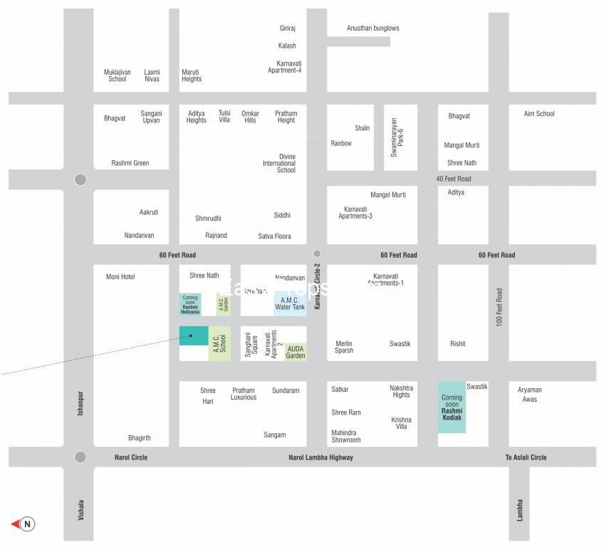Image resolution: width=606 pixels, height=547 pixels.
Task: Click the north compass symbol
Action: coord(24,524)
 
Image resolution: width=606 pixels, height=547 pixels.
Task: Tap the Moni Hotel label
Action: coord(120,276)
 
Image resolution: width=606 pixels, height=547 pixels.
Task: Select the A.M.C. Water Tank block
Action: coord(290,303)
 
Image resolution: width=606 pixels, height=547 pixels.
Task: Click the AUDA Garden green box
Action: coord(296,352)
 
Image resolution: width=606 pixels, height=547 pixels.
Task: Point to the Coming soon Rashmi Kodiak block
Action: coord(451,407)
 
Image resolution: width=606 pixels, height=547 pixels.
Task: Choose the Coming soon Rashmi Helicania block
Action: coord(190,304)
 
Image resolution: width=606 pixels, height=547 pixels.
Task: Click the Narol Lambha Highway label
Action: coord(320,457)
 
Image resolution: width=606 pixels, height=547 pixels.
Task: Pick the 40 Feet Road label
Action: coord(454,179)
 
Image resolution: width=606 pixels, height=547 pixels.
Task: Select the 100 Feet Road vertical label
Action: coord(499,308)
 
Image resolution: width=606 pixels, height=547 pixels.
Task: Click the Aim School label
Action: coord(539,114)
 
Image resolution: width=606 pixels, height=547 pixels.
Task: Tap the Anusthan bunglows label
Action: coord(373,28)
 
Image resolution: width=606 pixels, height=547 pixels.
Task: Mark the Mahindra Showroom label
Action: coord(346,436)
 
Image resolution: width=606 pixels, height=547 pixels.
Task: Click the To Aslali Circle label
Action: coord(526,457)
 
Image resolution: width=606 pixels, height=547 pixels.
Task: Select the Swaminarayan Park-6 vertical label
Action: coord(397,137)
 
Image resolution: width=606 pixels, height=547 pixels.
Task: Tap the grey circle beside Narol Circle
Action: coord(80,457)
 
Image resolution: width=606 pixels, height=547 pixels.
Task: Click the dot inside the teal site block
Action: coord(191,336)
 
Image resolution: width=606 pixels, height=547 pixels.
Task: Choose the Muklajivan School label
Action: coord(117,75)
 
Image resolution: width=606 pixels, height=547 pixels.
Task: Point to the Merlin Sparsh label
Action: coord(345,347)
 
